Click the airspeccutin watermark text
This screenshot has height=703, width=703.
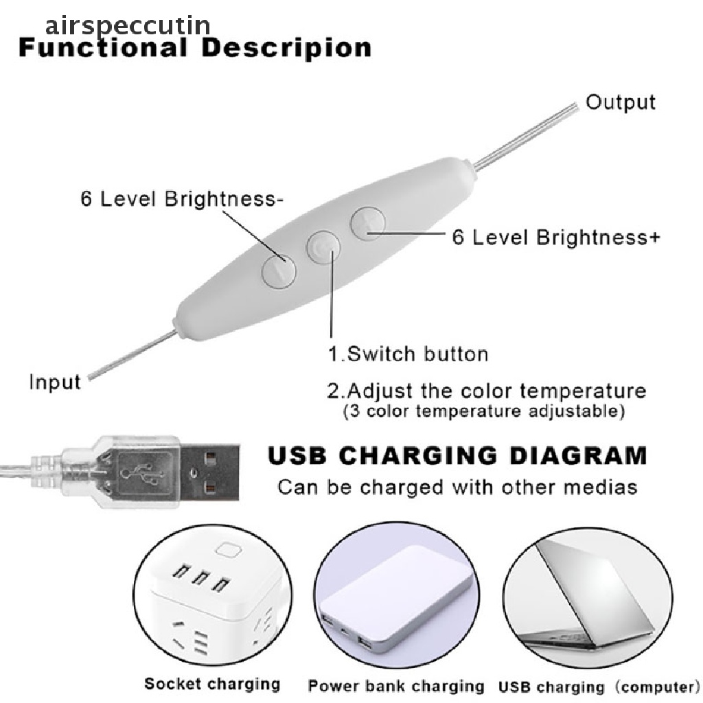[128, 27]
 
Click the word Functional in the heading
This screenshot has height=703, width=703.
[103, 47]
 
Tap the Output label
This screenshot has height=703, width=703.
[621, 102]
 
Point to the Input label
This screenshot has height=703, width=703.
[55, 382]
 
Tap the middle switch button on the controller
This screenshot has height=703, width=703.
[323, 247]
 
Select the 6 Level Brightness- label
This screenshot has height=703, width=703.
[182, 198]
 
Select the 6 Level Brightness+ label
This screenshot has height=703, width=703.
[556, 237]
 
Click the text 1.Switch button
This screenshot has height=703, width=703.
[408, 354]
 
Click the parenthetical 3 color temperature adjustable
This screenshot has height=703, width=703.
[484, 411]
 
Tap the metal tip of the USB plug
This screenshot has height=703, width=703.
[210, 472]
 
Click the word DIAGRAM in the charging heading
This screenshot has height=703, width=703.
[578, 456]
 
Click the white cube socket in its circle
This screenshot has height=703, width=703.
[214, 601]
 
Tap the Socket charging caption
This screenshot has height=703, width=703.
[212, 684]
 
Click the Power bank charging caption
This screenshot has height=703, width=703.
[396, 686]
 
